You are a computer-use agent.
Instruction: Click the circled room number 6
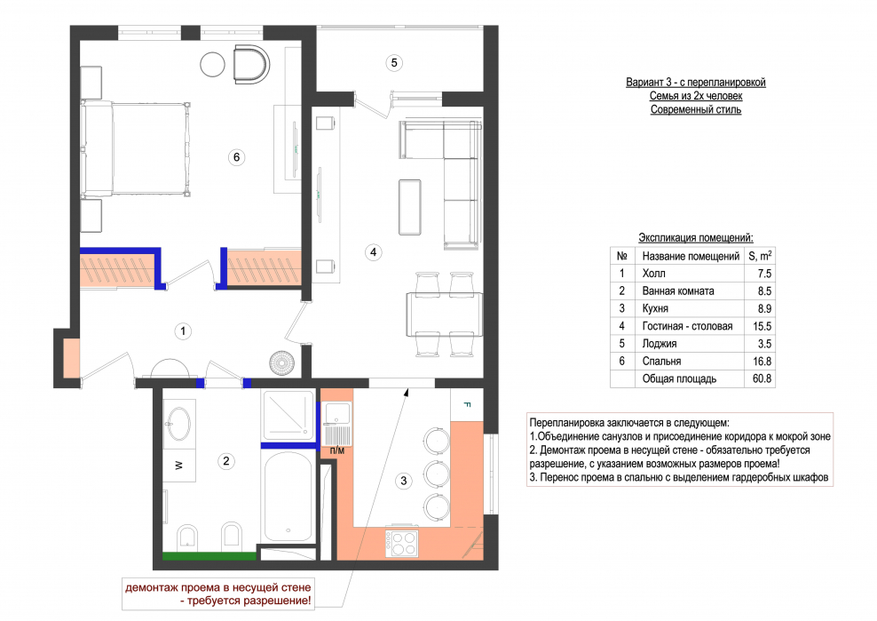(237, 157)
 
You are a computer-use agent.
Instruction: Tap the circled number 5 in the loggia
(394, 63)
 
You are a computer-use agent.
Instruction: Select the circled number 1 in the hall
(183, 331)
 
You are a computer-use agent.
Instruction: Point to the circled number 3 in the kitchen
(403, 481)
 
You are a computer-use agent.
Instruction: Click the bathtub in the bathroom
(288, 496)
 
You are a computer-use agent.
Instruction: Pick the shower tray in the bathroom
(288, 414)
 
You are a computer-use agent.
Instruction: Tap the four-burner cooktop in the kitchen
(401, 543)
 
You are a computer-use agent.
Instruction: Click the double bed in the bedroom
(135, 149)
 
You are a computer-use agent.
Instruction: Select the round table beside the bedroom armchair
(212, 64)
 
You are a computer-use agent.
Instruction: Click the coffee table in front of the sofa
(410, 207)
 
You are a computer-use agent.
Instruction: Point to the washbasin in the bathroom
(179, 424)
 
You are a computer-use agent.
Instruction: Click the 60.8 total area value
(762, 378)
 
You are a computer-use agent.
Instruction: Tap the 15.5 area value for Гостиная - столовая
(762, 326)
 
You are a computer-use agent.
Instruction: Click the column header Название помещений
(691, 257)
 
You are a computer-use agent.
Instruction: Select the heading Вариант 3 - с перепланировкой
(696, 83)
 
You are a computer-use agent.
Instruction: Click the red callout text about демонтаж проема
(217, 594)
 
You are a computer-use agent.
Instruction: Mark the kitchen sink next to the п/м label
(336, 424)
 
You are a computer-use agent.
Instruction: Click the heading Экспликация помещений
(696, 237)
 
